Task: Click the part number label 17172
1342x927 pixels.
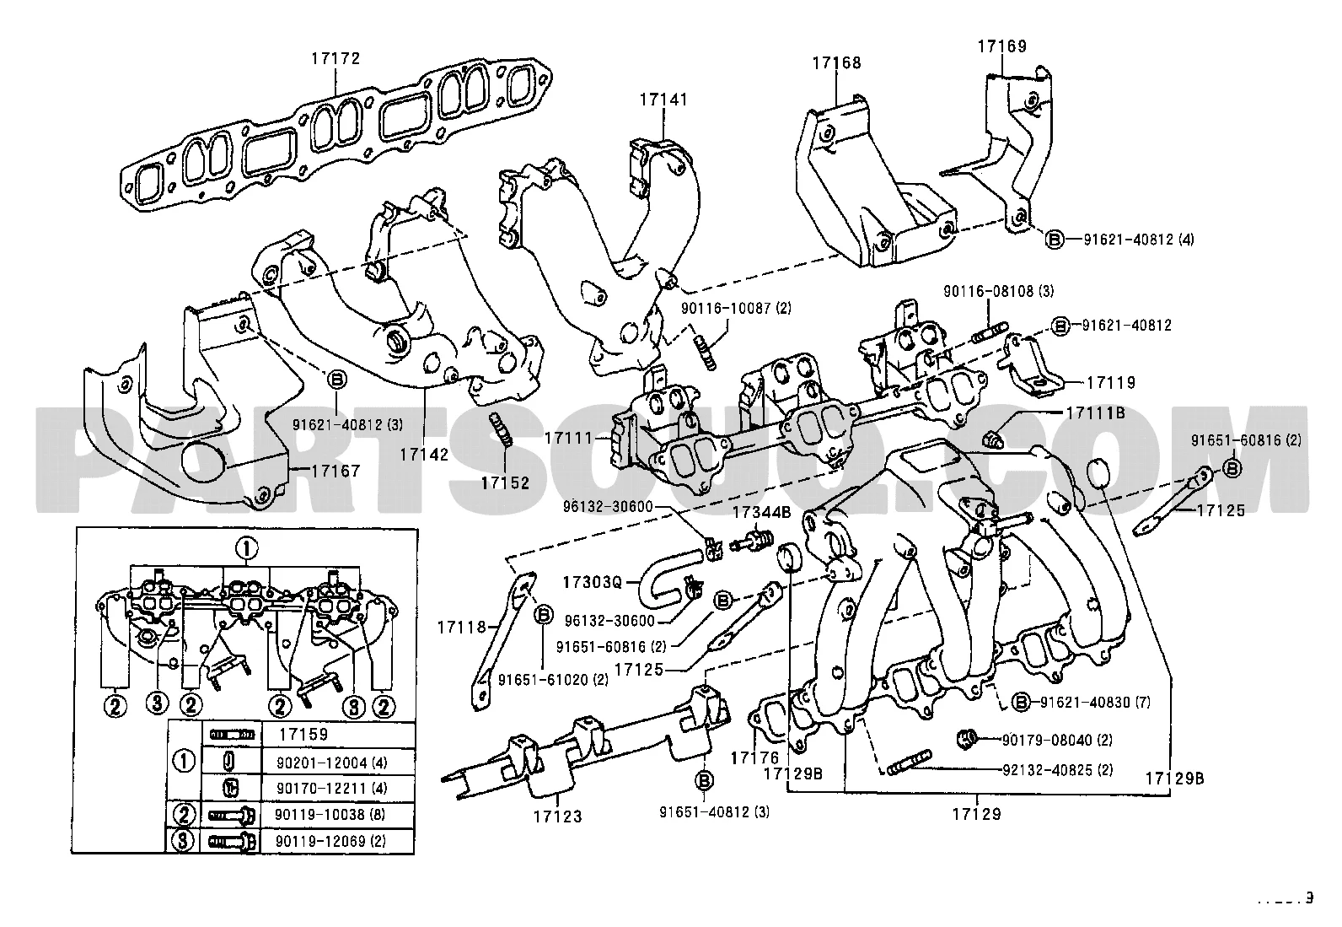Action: [x=335, y=58]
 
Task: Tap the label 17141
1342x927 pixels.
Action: [x=663, y=100]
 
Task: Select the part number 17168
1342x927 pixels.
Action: [x=836, y=62]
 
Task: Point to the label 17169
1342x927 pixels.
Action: [x=1002, y=46]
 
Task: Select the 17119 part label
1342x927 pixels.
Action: [x=1110, y=383]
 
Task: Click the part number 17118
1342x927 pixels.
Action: [x=462, y=627]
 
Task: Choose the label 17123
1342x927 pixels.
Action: [x=557, y=816]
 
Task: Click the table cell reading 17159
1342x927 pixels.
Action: [x=302, y=735]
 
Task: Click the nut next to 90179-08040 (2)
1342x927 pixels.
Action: [x=968, y=740]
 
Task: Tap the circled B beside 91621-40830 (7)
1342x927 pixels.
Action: [x=1021, y=702]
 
